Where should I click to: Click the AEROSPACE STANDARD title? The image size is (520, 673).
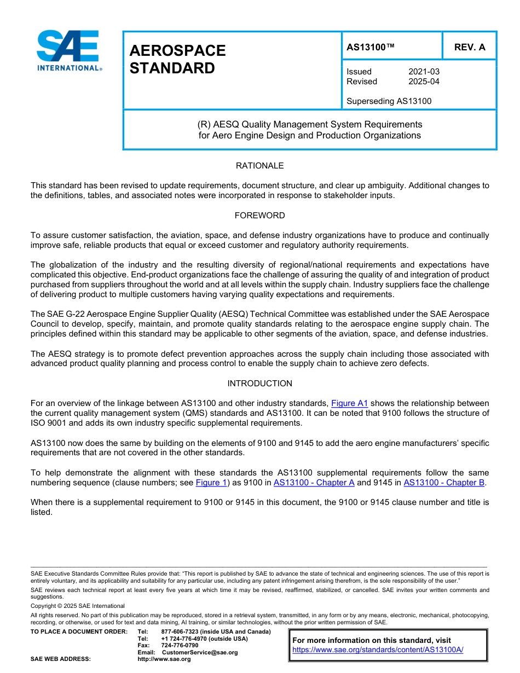click(177, 59)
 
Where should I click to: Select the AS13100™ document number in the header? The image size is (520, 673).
click(370, 47)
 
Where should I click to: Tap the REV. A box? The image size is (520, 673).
click(469, 47)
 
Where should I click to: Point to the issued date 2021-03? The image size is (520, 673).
click(424, 72)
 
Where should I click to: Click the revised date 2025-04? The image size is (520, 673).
click(424, 82)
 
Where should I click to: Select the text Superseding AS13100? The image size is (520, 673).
click(389, 101)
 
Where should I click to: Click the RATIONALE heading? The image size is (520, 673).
click(259, 165)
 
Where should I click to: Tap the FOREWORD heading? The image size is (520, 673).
click(259, 216)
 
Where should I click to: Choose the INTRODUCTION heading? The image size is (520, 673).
click(259, 384)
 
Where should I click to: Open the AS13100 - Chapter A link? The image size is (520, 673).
click(314, 483)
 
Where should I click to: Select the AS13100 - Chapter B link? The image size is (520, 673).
click(443, 483)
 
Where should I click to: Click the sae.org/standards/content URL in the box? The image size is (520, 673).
click(378, 650)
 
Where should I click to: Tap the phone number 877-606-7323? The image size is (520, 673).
click(184, 631)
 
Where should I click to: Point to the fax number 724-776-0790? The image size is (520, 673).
click(180, 645)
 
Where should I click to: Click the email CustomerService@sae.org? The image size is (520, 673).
click(200, 652)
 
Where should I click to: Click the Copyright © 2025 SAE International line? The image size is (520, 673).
click(78, 606)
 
